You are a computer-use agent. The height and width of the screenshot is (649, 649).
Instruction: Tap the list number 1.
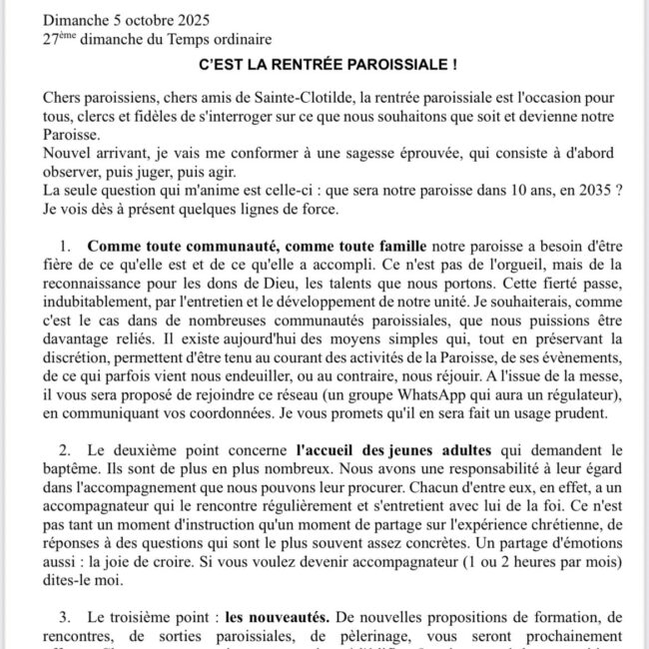65,244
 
